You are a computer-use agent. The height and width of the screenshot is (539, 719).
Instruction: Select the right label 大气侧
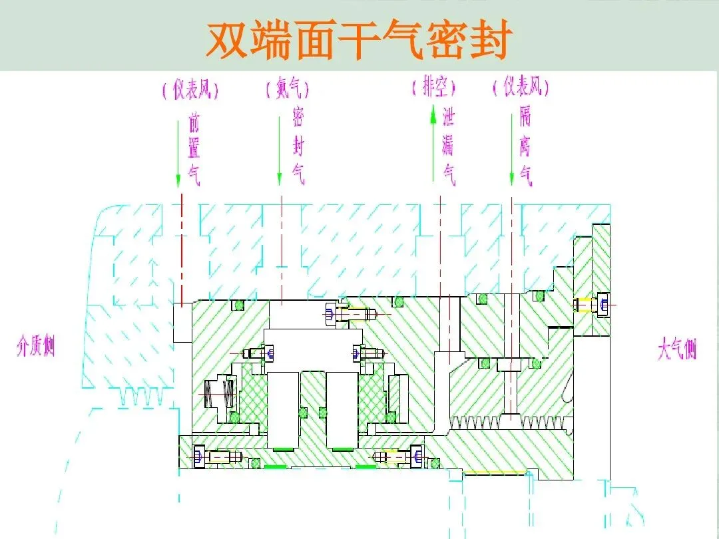pos(678,349)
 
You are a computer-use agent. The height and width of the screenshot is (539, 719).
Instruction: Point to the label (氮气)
pos(287,89)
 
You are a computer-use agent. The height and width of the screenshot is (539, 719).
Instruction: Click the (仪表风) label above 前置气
pos(191,89)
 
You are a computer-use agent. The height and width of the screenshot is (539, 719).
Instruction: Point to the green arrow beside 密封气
pos(280,149)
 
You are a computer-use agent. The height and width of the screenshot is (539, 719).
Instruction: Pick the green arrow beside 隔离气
pos(511,149)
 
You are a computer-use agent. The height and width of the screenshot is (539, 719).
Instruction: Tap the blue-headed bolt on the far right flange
pos(594,305)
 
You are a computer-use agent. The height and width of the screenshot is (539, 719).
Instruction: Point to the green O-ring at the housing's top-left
pos(236,305)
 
